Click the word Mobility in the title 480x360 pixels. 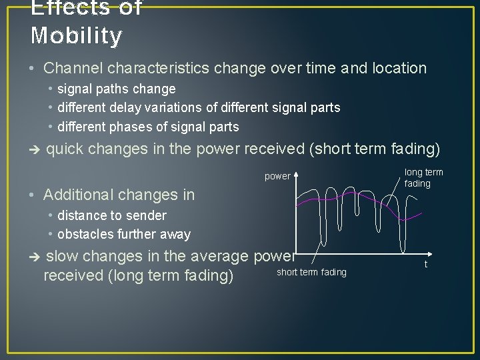click(76, 35)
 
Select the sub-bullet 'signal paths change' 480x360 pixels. click(117, 89)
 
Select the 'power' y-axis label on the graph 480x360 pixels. click(277, 177)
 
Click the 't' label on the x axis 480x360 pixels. click(425, 264)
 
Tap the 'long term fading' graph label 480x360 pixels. click(423, 178)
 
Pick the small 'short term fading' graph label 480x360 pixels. click(311, 272)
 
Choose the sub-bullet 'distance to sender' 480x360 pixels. click(111, 215)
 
